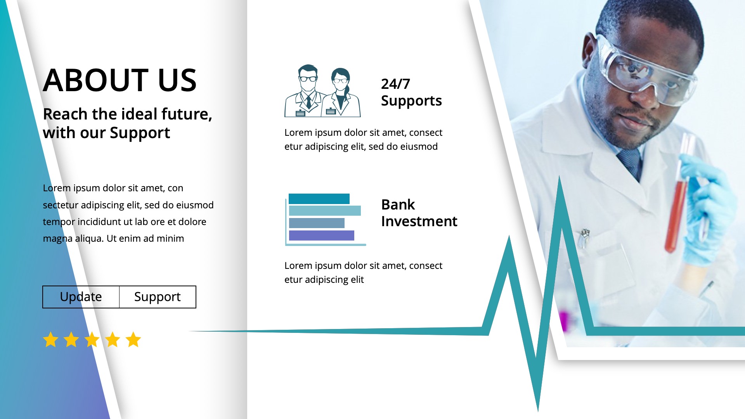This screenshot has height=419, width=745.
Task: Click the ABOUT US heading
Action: click(x=120, y=80)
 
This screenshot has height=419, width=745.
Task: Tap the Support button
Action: click(x=157, y=297)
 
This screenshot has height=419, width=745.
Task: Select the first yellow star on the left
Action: click(x=51, y=339)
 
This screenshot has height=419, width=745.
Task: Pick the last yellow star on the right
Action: click(x=133, y=339)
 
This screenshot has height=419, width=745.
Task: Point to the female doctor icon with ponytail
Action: click(x=341, y=93)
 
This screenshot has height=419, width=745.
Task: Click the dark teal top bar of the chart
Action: click(x=319, y=199)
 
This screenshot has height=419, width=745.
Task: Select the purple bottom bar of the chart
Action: click(x=321, y=235)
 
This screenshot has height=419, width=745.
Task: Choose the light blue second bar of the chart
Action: click(x=325, y=211)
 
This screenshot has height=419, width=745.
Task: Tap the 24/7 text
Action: click(x=395, y=84)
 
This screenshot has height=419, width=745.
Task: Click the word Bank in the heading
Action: click(x=398, y=204)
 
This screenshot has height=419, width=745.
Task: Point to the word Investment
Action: click(x=419, y=221)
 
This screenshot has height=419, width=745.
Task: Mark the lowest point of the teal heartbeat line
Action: click(x=538, y=409)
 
